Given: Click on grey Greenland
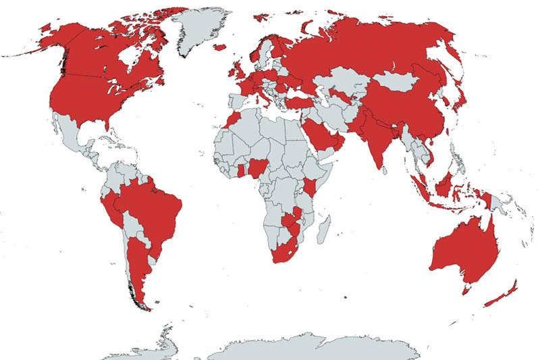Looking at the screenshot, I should tap(202, 30).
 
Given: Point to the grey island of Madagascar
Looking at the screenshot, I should tap(325, 226).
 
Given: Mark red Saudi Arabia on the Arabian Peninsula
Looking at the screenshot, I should tap(321, 132).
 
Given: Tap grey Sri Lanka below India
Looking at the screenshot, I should tap(387, 170).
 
